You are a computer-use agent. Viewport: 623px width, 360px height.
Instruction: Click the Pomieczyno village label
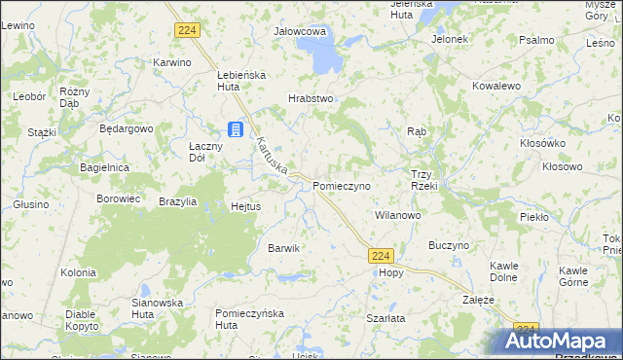(x=342, y=184)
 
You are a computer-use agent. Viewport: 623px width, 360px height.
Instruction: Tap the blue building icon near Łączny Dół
(x=236, y=128)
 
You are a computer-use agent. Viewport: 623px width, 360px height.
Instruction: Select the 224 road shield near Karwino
(x=188, y=31)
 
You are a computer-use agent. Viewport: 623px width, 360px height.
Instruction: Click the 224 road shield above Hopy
(x=382, y=256)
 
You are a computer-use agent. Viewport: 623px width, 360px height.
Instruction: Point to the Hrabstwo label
(x=311, y=98)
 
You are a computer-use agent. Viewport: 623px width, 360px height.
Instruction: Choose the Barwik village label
(x=283, y=248)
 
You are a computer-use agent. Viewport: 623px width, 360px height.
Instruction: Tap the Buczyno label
(x=449, y=246)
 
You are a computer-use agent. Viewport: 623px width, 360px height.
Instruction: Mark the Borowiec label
(x=119, y=198)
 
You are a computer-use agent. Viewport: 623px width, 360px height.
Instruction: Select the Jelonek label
(x=451, y=40)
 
